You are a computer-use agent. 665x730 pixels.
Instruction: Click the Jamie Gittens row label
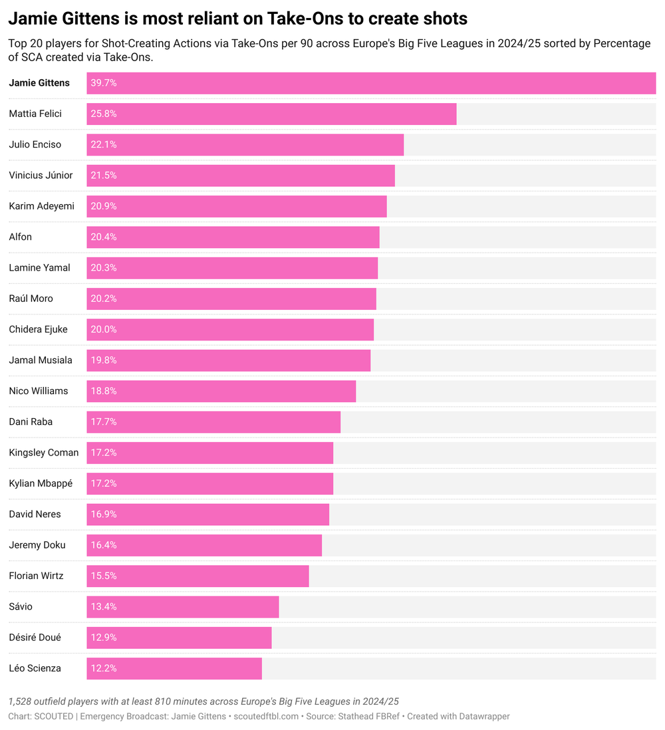click(39, 83)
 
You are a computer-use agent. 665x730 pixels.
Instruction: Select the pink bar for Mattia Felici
click(271, 114)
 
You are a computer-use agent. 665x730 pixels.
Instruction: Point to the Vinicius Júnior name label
click(41, 176)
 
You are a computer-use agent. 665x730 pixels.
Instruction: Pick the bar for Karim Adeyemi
click(237, 206)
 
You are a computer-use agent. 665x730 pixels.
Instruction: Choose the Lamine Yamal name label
click(39, 268)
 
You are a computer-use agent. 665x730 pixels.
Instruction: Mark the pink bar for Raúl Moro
click(231, 299)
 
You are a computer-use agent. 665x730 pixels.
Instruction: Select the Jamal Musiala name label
click(41, 360)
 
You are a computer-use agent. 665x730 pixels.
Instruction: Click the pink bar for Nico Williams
click(221, 391)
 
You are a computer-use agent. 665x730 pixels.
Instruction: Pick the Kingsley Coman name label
click(44, 453)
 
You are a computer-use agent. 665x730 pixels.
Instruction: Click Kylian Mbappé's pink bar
click(210, 483)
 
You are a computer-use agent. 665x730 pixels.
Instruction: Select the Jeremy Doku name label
click(37, 545)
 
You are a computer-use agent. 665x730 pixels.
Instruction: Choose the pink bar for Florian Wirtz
click(198, 576)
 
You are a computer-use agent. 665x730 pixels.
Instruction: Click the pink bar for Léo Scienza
click(174, 668)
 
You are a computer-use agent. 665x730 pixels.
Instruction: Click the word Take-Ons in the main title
click(307, 19)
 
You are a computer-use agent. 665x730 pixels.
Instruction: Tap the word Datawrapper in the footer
click(479, 716)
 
